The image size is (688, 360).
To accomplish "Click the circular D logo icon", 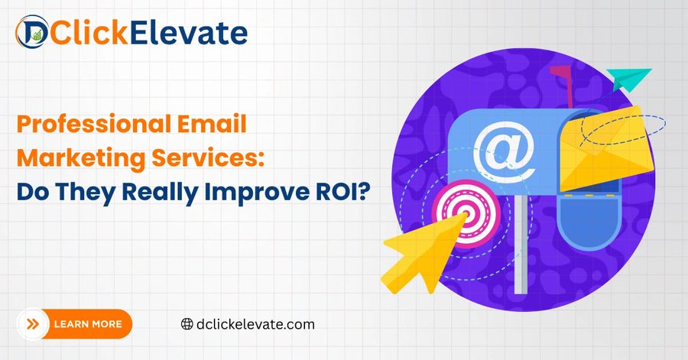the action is pos(32,31).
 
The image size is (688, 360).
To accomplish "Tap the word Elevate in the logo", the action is pos(189,32).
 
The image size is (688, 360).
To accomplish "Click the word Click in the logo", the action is pos(89,32).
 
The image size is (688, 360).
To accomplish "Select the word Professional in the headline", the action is pos(93,125).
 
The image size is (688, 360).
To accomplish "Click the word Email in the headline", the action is pos(212,124).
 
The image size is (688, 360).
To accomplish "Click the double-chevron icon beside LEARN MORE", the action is pos(33,324).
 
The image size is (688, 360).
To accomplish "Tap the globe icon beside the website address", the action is pos(187,324).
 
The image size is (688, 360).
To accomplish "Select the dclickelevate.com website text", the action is pos(255,325).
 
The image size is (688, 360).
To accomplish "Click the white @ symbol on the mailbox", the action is pos(504,152).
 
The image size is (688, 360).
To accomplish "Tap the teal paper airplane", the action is pos(629,79).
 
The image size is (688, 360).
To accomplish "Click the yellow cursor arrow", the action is pos(421,253).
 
